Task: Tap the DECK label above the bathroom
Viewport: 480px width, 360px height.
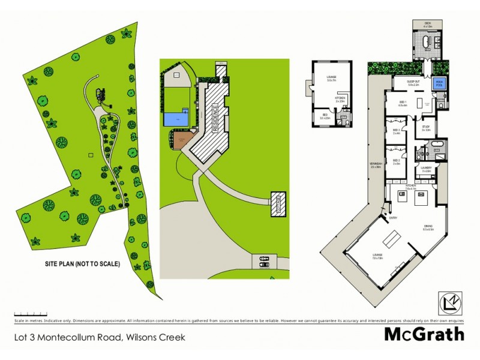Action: pyautogui.click(x=427, y=22)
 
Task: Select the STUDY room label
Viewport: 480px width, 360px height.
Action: pyautogui.click(x=427, y=127)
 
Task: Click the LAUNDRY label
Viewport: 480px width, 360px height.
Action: pyautogui.click(x=427, y=169)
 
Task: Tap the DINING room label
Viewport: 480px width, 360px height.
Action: pyautogui.click(x=428, y=226)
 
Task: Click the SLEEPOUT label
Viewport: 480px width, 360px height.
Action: pyautogui.click(x=412, y=81)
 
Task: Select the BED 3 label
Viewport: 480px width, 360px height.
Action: pyautogui.click(x=396, y=130)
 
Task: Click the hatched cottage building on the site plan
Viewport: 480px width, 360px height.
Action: pyautogui.click(x=278, y=203)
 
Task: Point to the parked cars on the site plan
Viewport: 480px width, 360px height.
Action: pyautogui.click(x=263, y=261)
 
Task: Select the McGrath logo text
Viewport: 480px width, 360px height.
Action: pyautogui.click(x=424, y=334)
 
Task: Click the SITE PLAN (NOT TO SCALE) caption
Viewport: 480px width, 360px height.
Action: pyautogui.click(x=83, y=263)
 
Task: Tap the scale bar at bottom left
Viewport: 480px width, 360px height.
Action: pyautogui.click(x=31, y=313)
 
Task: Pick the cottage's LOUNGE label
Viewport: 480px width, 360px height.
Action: pyautogui.click(x=331, y=77)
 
